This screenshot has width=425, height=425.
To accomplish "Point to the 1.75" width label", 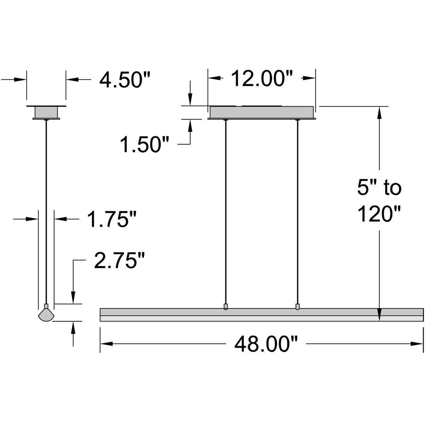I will (112, 220).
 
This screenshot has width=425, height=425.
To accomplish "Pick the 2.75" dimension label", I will (120, 261).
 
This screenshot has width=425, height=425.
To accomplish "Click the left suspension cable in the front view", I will (225, 212).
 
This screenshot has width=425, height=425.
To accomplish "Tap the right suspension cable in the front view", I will (297, 212).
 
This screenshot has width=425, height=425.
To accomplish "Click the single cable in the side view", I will (46, 212).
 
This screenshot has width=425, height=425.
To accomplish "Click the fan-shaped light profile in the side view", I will (46, 314).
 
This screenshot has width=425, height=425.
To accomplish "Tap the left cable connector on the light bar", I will (226, 306).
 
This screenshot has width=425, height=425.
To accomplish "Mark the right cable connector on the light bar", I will (297, 306).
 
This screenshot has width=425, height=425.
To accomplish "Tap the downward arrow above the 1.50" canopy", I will (191, 99).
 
